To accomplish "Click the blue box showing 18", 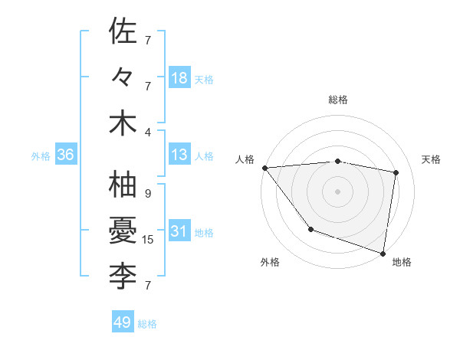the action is (x=179, y=78).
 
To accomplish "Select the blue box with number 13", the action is (x=179, y=155).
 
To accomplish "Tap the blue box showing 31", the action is (x=179, y=232).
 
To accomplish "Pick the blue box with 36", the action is (x=65, y=155).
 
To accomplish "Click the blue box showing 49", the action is (x=122, y=322).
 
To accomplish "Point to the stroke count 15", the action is (x=148, y=240).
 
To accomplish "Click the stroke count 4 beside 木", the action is (x=148, y=131).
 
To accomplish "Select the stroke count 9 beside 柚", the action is (x=148, y=194).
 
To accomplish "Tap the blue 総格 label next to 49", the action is (x=147, y=323).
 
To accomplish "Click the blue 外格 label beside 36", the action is (x=41, y=156).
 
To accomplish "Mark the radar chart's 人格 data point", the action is (x=264, y=168).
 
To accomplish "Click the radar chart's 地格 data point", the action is (x=383, y=252).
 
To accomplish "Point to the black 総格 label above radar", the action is (x=337, y=100).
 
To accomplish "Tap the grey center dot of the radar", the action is (x=337, y=191).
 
